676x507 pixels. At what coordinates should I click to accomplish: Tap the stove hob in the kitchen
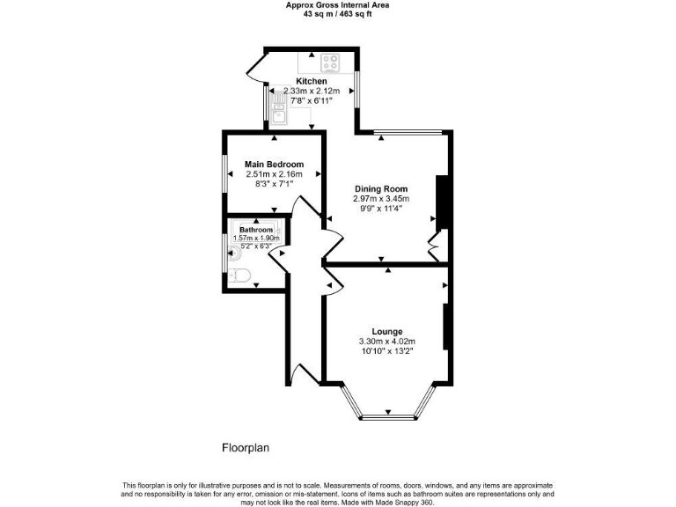(x=331, y=62)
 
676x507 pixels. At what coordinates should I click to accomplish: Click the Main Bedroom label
(x=275, y=165)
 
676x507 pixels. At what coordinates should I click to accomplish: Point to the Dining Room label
(x=381, y=189)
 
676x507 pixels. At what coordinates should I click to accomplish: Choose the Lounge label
(x=386, y=332)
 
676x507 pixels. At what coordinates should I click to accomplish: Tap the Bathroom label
(x=256, y=230)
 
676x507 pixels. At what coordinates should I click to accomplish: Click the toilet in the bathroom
(x=239, y=276)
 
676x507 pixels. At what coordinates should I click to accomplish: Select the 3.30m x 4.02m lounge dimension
(x=386, y=342)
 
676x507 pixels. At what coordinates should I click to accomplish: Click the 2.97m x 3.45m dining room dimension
(x=381, y=199)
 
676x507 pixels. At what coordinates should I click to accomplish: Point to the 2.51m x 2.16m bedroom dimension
(x=275, y=174)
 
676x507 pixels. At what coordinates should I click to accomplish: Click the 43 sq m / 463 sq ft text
(x=338, y=13)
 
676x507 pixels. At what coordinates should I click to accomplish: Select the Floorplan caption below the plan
(x=245, y=448)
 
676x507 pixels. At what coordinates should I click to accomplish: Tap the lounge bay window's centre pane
(x=387, y=415)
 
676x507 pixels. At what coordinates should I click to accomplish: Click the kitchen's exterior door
(x=257, y=67)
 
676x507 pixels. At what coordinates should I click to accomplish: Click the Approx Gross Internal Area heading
(x=338, y=4)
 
